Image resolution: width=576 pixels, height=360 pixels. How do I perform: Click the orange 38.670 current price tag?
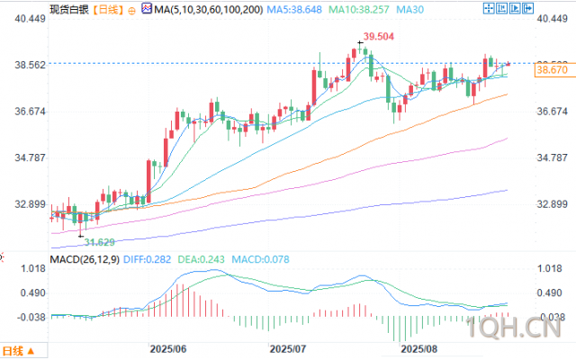(x=550, y=69)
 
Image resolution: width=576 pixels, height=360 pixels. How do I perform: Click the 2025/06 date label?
(x=167, y=348)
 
